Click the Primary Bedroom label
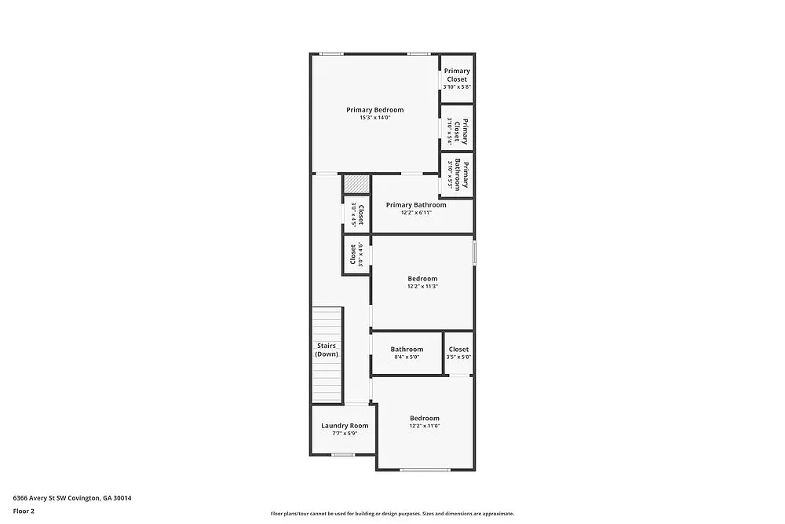pos(374,110)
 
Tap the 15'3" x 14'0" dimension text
pos(374,118)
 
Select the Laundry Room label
pos(345,426)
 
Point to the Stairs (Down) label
pos(327,350)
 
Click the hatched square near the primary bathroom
pos(356,184)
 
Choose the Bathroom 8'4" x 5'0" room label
pos(407,350)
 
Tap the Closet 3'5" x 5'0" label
pos(458,350)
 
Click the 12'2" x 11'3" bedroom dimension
pos(422,287)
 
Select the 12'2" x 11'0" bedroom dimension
pos(424,426)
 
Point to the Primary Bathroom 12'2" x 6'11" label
pos(416,205)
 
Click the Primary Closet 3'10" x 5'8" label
pos(457,75)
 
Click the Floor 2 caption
pos(24,511)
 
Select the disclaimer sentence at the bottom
pos(392,513)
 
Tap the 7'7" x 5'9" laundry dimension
pos(345,433)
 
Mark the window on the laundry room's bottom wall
pos(342,454)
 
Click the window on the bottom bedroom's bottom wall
pos(424,470)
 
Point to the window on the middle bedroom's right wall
pos(473,252)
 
